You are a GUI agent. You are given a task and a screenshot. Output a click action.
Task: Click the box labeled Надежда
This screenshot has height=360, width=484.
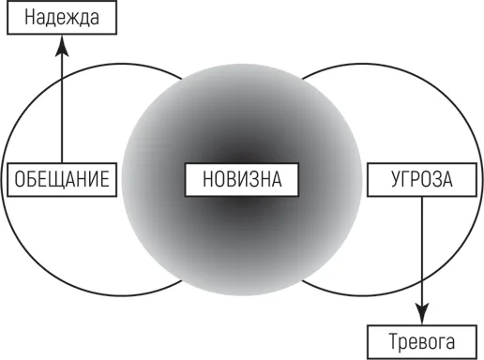[x=62, y=17]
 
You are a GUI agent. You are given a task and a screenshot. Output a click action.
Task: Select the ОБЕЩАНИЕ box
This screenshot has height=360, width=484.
[x=62, y=180]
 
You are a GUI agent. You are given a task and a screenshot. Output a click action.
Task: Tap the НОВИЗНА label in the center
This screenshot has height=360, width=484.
[x=242, y=180]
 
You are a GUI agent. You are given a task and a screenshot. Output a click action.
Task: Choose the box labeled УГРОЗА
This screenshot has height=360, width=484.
[x=422, y=180]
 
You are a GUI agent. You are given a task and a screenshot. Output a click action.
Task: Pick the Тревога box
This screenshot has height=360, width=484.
[x=422, y=342]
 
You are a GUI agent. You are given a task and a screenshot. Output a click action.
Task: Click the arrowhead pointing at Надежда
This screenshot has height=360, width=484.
[x=62, y=45]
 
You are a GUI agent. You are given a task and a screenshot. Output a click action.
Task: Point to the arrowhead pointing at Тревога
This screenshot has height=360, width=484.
[x=422, y=314]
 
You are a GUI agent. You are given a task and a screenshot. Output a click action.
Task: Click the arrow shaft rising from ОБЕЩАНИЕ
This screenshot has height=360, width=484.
[x=62, y=110]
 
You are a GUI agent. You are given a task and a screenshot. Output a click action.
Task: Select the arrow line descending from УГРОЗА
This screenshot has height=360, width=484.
[x=422, y=250]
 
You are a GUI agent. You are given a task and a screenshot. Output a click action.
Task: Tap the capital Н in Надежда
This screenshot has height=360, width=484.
[x=29, y=17]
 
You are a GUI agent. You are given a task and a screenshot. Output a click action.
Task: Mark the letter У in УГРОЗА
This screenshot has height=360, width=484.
[x=396, y=179]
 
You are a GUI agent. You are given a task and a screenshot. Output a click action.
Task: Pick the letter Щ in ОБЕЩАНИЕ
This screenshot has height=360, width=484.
[x=52, y=180]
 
